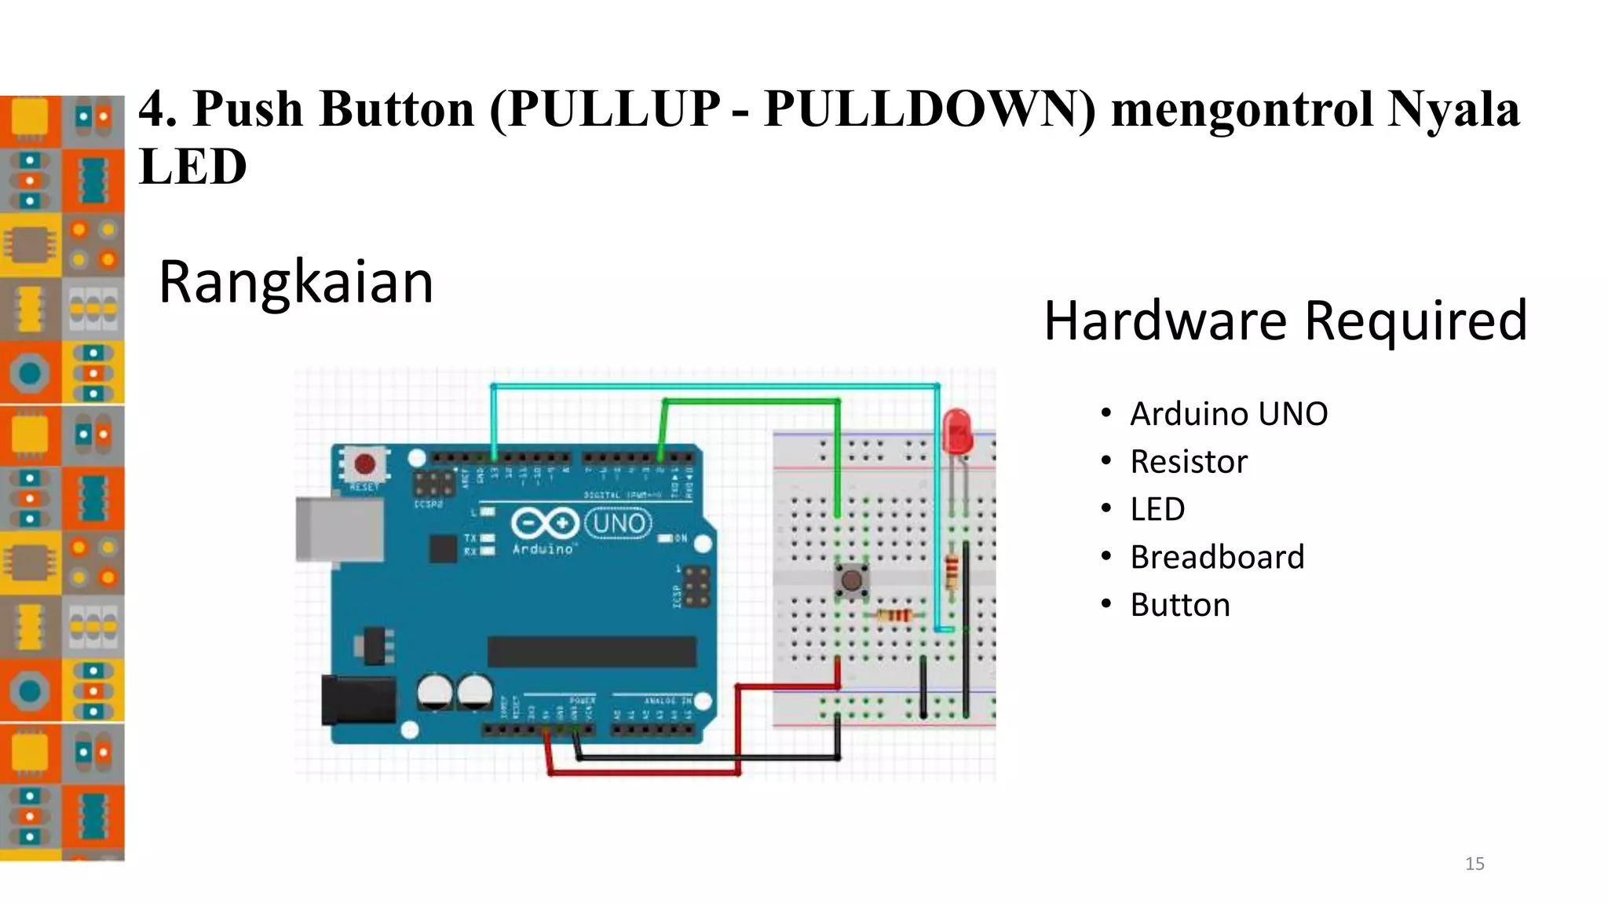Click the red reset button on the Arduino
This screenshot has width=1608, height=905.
(x=365, y=463)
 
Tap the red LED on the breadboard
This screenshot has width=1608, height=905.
(x=957, y=430)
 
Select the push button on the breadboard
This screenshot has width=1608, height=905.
(x=851, y=581)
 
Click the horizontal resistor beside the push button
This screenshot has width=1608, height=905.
(x=894, y=615)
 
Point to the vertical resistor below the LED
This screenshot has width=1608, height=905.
(x=952, y=571)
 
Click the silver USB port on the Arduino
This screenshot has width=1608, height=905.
(x=338, y=530)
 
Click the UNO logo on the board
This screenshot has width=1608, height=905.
(x=619, y=523)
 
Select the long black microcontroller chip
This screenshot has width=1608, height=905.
(x=591, y=652)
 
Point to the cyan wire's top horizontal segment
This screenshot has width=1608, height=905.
(x=714, y=387)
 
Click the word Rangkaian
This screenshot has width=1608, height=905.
(x=296, y=282)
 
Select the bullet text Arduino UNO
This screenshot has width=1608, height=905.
(x=1228, y=414)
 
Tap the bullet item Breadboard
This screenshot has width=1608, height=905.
(x=1217, y=557)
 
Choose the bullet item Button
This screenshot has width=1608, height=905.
(x=1180, y=605)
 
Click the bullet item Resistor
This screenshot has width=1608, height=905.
(x=1189, y=462)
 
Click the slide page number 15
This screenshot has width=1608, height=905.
(x=1475, y=864)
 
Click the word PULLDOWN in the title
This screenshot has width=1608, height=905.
(x=929, y=108)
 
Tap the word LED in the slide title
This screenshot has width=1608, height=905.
(x=193, y=167)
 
